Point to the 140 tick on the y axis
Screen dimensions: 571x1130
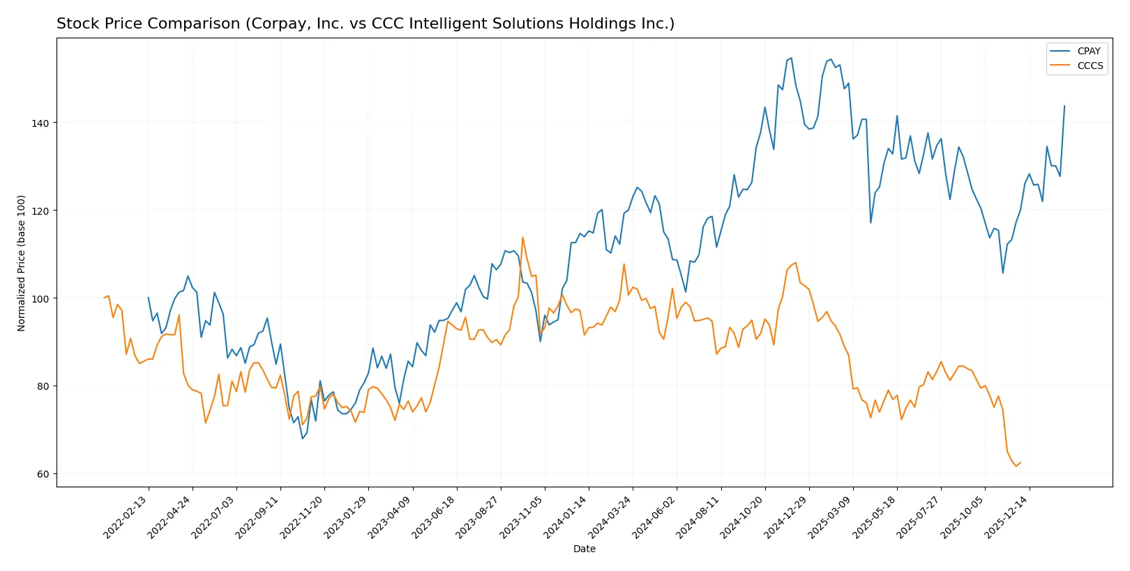pos(40,123)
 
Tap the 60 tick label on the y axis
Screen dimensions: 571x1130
pos(43,474)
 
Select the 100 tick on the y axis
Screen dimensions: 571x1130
pos(40,298)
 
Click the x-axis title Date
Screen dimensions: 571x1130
pos(584,549)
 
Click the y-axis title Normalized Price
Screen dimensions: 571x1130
pos(22,263)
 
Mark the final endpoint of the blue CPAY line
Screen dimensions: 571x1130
pos(1064,106)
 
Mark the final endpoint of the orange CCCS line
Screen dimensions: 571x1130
pos(1020,462)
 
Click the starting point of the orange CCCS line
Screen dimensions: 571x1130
pos(105,298)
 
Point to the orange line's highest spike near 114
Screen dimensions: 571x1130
pos(522,237)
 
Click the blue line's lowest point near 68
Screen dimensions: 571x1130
pos(302,439)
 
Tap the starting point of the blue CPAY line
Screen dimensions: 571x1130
pos(148,298)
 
